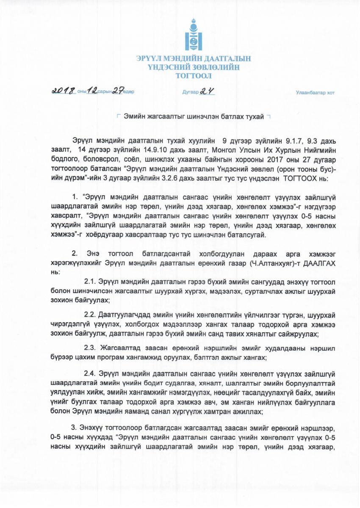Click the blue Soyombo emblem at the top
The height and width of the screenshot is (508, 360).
coord(194,34)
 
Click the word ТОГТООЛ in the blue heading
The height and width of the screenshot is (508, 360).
coord(194,76)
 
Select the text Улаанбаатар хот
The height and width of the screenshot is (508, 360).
coord(315,93)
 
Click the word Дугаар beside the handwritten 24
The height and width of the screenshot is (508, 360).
coord(191,92)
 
